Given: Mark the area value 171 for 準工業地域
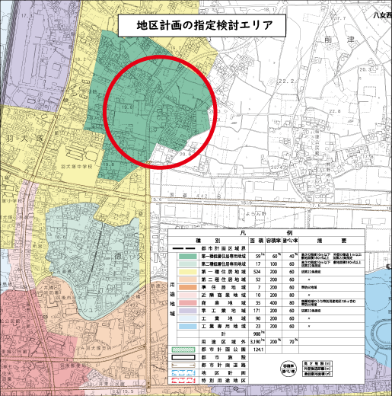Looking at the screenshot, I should (x=260, y=311).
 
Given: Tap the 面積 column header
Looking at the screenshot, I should (x=260, y=240).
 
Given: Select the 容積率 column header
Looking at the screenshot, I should (x=276, y=240).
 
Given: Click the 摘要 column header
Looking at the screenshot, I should (x=335, y=240).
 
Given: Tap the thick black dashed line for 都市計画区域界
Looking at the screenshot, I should (x=185, y=248).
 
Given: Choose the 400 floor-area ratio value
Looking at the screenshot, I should (x=276, y=302).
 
